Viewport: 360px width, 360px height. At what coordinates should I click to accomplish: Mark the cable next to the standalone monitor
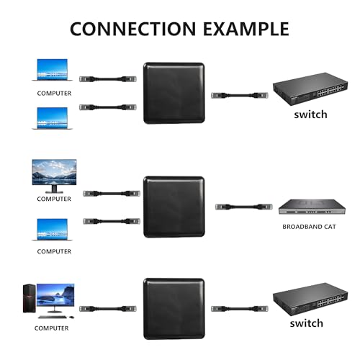110,193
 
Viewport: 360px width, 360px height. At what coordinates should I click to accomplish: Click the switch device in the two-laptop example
300,92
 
